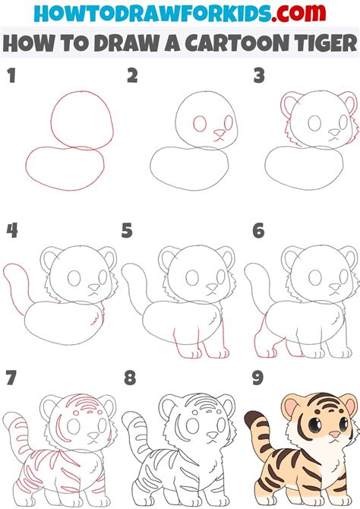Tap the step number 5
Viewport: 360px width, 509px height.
127,229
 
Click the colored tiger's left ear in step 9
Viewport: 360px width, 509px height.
292,406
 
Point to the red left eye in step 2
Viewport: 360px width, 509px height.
201,124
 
